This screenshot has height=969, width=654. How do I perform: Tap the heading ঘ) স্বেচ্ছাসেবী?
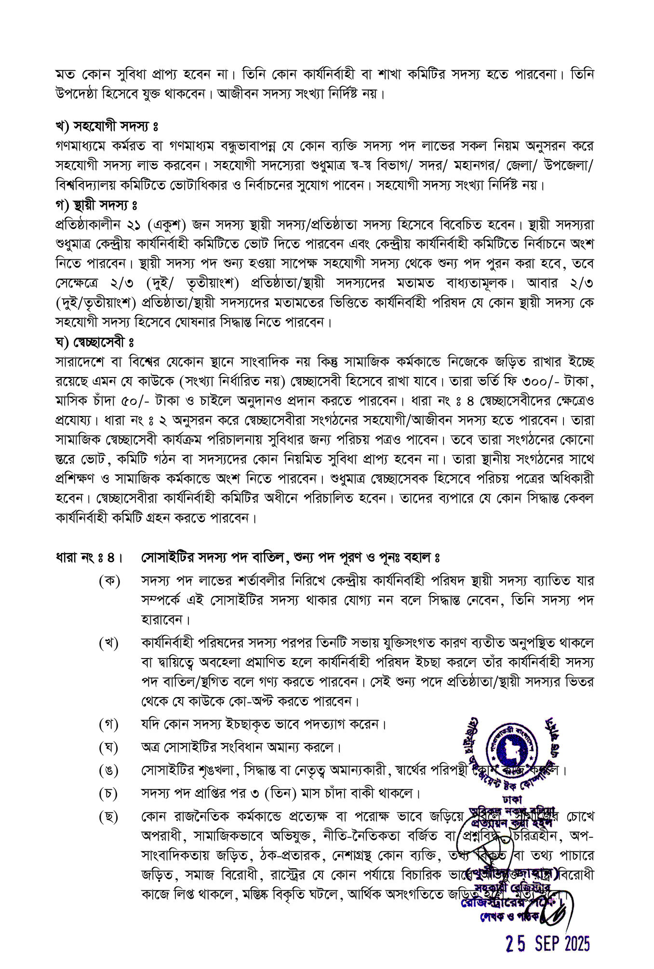pyautogui.click(x=94, y=342)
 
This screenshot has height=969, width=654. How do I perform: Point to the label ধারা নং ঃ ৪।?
pyautogui.click(x=88, y=558)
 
